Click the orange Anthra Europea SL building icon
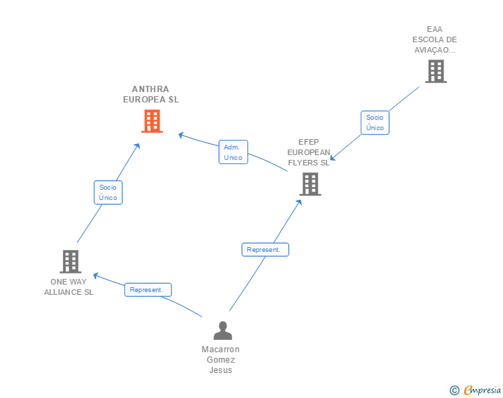pyautogui.click(x=152, y=121)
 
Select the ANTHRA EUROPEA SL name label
pyautogui.click(x=151, y=94)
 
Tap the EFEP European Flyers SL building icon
pyautogui.click(x=310, y=184)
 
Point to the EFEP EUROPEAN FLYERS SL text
pyautogui.click(x=309, y=152)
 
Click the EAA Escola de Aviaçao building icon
pyautogui.click(x=435, y=71)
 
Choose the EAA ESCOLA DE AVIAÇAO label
pyautogui.click(x=435, y=39)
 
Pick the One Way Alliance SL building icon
pyautogui.click(x=70, y=262)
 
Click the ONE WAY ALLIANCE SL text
pyautogui.click(x=68, y=287)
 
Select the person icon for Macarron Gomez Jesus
pyautogui.click(x=222, y=331)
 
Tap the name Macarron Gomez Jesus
pyautogui.click(x=220, y=359)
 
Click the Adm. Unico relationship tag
pyautogui.click(x=234, y=152)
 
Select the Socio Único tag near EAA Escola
pyautogui.click(x=375, y=123)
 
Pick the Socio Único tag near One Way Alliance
pyautogui.click(x=108, y=192)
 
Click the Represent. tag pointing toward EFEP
pyautogui.click(x=265, y=249)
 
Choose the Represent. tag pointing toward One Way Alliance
pyautogui.click(x=148, y=290)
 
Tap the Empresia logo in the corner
pyautogui.click(x=482, y=390)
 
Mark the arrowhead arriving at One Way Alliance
pyautogui.click(x=96, y=275)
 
